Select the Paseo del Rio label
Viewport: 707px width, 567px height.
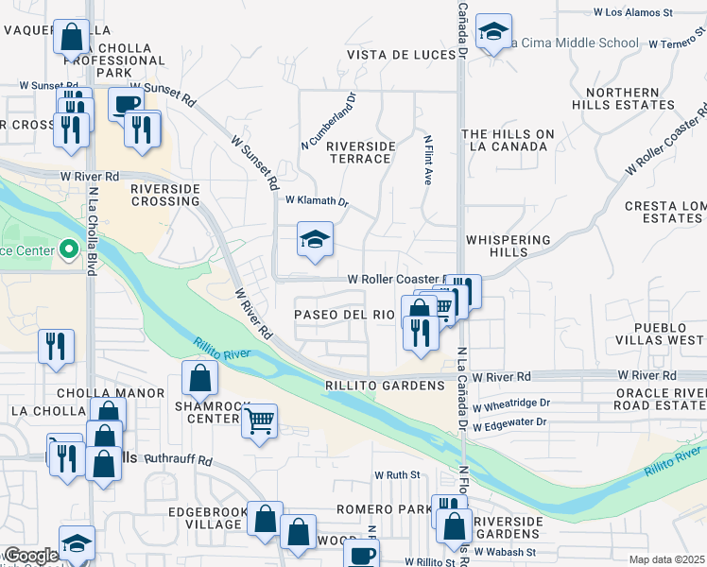point(344,315)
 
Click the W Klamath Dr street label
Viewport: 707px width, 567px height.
point(318,201)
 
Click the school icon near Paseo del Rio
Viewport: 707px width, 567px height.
point(315,239)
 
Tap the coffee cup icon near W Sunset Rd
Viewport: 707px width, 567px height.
point(126,104)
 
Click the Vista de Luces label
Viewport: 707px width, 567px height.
point(402,56)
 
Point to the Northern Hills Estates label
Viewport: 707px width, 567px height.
point(623,99)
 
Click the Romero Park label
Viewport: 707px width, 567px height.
point(381,509)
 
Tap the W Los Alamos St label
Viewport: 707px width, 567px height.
point(632,12)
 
